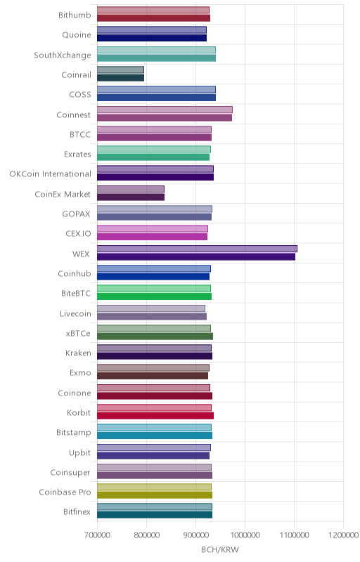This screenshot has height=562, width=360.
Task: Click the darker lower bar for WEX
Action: tap(196, 256)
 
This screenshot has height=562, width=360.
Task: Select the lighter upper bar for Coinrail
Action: tap(120, 70)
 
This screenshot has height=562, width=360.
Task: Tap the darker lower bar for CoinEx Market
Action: tap(131, 197)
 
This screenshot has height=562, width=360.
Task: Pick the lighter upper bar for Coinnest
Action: tap(165, 110)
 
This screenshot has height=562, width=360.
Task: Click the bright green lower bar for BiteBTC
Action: tap(155, 296)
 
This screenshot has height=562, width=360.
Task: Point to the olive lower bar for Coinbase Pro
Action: tap(155, 495)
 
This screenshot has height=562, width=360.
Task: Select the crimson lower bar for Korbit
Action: tap(155, 416)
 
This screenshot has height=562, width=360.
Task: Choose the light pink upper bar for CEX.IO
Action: tap(153, 229)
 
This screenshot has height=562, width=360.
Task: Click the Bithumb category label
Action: tap(75, 15)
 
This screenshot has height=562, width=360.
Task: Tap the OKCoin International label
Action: tap(51, 174)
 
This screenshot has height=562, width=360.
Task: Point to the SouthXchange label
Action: tap(63, 55)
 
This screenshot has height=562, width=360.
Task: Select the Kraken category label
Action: tap(78, 353)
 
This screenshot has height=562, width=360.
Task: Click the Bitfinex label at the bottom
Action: tap(77, 512)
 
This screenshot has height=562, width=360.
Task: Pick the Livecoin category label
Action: tap(76, 313)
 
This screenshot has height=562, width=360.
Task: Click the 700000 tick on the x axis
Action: tap(97, 535)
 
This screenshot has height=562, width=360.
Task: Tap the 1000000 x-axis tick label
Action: tap(245, 535)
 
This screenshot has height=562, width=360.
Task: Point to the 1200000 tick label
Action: tap(344, 535)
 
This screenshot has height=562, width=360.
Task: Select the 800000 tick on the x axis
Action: tap(147, 535)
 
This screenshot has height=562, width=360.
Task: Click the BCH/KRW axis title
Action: tap(220, 549)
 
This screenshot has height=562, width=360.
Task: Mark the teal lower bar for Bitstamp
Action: tap(155, 436)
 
